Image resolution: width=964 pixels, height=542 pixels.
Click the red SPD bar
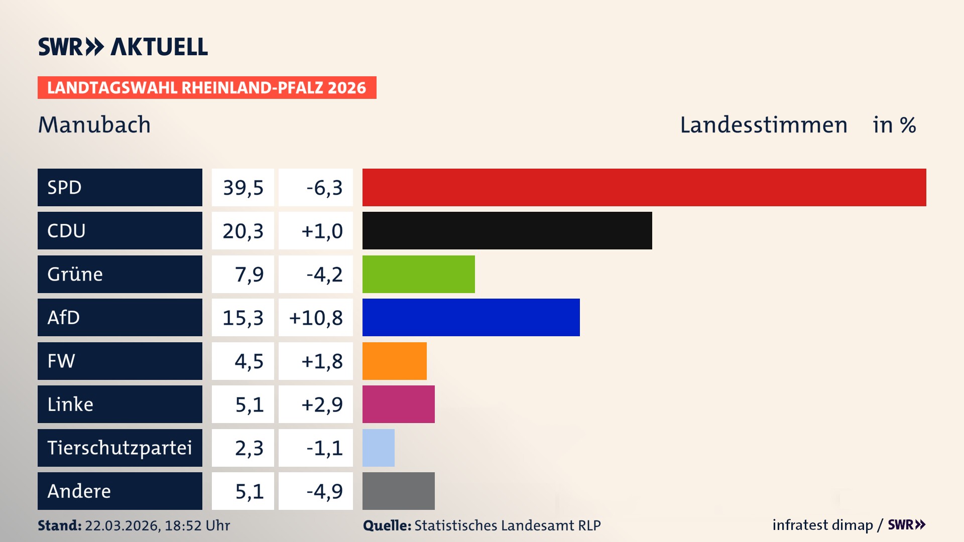[x=644, y=187]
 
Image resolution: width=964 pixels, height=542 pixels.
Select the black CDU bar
[x=507, y=230]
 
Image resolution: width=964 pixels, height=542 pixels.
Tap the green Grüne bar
[x=418, y=274]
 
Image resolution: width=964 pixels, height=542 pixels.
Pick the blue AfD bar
[x=471, y=317]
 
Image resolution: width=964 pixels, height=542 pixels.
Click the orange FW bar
[x=394, y=361]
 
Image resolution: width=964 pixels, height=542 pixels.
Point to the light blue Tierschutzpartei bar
[x=378, y=448]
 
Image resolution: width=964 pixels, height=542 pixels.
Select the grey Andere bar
[x=398, y=491]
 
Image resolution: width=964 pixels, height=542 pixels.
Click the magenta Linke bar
[x=398, y=404]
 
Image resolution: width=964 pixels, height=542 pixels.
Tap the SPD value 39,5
[x=243, y=188]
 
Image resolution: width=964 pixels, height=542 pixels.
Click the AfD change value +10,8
[x=316, y=318]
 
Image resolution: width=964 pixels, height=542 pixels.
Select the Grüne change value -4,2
[x=324, y=275]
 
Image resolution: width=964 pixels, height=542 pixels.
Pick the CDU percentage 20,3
[x=243, y=231]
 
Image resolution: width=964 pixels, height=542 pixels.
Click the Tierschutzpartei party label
[x=119, y=448]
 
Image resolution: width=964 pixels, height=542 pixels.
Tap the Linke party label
[x=70, y=404]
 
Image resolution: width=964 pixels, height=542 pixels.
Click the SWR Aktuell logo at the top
[x=123, y=47]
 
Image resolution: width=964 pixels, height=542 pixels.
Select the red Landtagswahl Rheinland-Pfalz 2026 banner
[x=207, y=88]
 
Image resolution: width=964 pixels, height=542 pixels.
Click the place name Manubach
[x=94, y=125]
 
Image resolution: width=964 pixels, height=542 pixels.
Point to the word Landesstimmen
[x=763, y=125]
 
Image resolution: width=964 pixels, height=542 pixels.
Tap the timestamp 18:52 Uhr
[x=197, y=525]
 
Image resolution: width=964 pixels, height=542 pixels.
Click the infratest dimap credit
[x=822, y=525]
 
